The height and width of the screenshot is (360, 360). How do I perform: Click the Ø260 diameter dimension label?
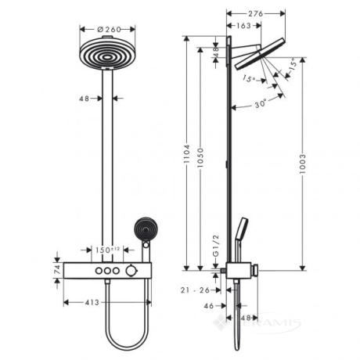click(x=109, y=29)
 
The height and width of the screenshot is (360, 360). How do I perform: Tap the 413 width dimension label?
click(x=92, y=302)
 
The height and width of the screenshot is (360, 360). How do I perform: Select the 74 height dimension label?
click(x=58, y=270)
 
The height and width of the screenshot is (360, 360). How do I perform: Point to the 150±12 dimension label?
click(x=107, y=250)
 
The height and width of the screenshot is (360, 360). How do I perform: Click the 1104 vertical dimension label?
click(x=186, y=154)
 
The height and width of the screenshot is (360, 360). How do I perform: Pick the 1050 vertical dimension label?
click(x=200, y=157)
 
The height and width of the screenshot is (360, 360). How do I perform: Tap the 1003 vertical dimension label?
click(x=302, y=164)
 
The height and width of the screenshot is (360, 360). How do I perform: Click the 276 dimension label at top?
click(x=255, y=13)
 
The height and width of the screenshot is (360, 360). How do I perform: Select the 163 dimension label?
click(x=243, y=26)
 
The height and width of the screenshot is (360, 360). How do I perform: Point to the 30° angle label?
click(x=261, y=104)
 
